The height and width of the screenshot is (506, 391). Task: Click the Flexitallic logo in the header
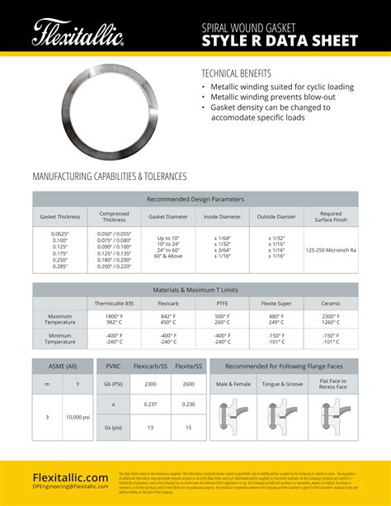click(x=78, y=34)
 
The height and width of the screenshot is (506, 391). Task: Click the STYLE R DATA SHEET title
click(x=280, y=41)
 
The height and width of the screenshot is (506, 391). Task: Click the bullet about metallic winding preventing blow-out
click(x=274, y=97)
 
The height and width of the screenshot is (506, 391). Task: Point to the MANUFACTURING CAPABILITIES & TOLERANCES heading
click(x=109, y=177)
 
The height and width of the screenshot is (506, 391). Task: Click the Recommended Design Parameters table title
click(x=195, y=199)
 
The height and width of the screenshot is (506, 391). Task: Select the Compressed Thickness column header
click(x=114, y=217)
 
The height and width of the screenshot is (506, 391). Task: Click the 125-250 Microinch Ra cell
click(x=330, y=248)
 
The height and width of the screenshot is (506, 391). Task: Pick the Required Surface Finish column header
click(x=330, y=217)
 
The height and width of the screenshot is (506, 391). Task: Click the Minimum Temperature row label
click(x=59, y=338)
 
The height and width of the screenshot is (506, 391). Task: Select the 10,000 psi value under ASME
click(x=78, y=417)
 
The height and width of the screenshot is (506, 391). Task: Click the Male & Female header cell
click(x=233, y=384)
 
